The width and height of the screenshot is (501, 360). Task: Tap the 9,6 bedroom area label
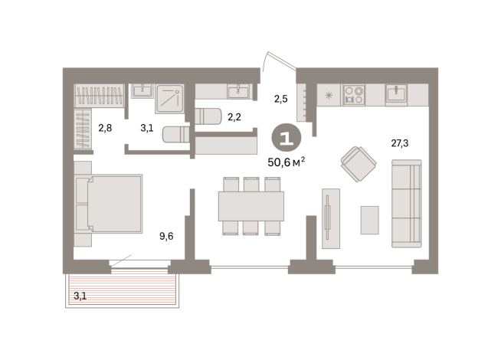click(165, 236)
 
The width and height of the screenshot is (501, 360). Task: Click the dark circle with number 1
click(287, 138)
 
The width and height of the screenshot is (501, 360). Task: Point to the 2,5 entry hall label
click(281, 97)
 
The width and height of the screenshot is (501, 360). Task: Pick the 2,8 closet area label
click(105, 128)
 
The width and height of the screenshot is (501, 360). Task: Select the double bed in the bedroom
click(109, 203)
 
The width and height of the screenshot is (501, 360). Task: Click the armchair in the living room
click(357, 162)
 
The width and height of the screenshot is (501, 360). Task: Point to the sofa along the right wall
click(406, 203)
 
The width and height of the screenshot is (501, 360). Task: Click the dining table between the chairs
click(250, 205)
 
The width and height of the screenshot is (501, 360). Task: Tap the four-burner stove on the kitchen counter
click(354, 93)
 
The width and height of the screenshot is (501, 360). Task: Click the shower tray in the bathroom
click(169, 100)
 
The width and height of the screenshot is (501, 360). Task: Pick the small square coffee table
click(369, 220)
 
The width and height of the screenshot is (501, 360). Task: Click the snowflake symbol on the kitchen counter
click(329, 96)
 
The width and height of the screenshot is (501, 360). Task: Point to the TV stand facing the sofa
click(329, 218)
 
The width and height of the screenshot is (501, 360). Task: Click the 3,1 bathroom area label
click(147, 128)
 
